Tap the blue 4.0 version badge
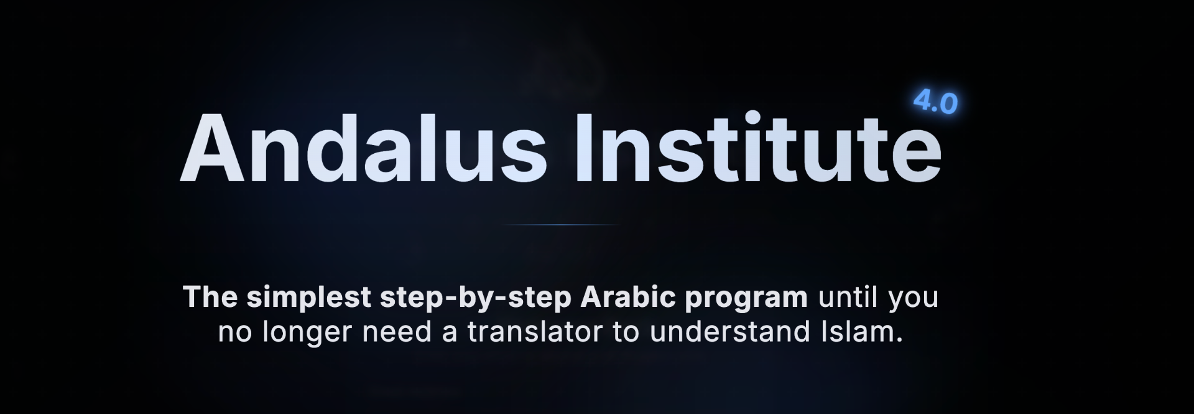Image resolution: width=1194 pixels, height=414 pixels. (935, 102)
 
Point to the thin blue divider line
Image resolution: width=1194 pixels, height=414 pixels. (560, 225)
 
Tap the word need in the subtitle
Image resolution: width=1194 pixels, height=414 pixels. (397, 332)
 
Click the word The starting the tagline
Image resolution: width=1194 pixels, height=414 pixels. (210, 297)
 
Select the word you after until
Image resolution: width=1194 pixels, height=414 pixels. (913, 300)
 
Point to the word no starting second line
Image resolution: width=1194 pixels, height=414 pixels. (235, 334)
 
